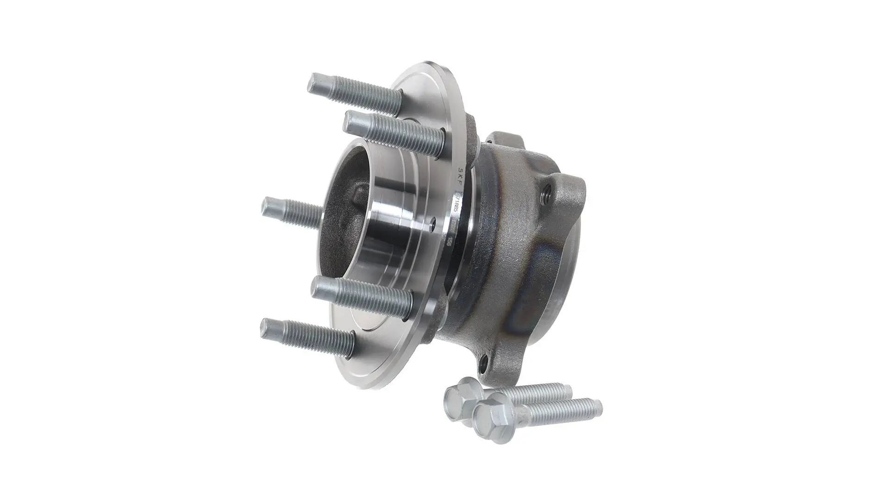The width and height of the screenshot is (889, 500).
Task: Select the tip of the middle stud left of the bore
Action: [x=268, y=206]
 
